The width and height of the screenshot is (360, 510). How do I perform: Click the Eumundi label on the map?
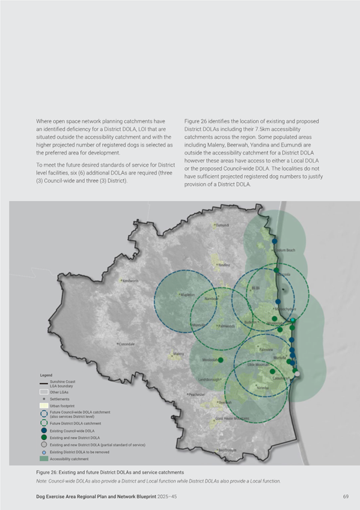pos(223,225)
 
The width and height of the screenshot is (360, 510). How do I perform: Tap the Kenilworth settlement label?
pos(130,281)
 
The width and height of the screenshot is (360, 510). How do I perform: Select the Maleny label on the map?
pos(178,354)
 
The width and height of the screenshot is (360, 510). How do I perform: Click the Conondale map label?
pos(126,344)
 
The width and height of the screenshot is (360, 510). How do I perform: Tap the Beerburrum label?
pos(227,449)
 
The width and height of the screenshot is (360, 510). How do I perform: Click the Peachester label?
pos(197,395)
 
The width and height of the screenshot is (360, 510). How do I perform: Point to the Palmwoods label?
pos(227,326)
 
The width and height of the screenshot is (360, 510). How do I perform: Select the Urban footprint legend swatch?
pos(43,406)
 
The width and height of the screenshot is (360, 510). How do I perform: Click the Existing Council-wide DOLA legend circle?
pos(43,431)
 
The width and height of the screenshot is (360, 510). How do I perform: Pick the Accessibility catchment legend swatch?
pos(43,459)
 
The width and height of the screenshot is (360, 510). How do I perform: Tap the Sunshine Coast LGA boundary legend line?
pos(43,383)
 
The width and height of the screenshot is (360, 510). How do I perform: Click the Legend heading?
pos(46,375)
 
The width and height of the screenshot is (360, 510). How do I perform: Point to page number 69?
pos(346,497)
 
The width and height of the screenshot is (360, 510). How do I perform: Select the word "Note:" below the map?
pos(42,481)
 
